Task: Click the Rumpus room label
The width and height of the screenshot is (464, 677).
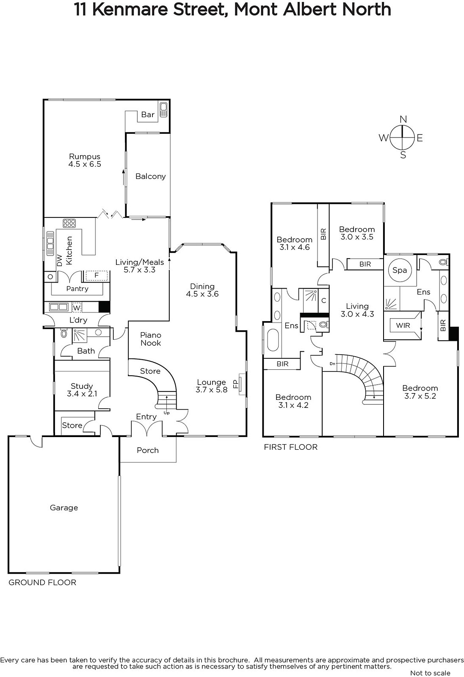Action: [85, 157]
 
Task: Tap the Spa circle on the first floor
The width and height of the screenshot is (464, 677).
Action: [400, 270]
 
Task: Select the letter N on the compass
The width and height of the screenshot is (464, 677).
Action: [403, 119]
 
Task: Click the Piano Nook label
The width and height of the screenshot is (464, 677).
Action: [151, 339]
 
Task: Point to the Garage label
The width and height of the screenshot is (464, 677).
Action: [64, 507]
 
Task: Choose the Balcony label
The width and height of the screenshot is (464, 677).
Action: [151, 176]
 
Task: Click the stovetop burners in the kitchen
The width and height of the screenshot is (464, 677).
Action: [69, 223]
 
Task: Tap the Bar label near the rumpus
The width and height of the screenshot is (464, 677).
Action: [148, 115]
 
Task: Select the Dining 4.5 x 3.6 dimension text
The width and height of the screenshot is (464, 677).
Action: [202, 294]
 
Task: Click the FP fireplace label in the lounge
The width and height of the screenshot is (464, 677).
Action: [236, 383]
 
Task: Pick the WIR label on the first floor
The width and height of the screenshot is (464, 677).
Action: [403, 325]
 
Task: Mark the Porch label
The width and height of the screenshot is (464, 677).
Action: [148, 450]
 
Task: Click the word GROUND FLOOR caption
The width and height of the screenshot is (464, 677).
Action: [42, 582]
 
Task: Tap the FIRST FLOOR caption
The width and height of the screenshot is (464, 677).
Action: [291, 447]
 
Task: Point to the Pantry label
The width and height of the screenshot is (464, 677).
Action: [77, 289]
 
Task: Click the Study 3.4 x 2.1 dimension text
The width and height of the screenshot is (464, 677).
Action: [82, 394]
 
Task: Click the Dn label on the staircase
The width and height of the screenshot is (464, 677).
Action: [332, 363]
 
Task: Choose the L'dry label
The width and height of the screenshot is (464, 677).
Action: [78, 320]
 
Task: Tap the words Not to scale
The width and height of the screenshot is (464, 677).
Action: [430, 673]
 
